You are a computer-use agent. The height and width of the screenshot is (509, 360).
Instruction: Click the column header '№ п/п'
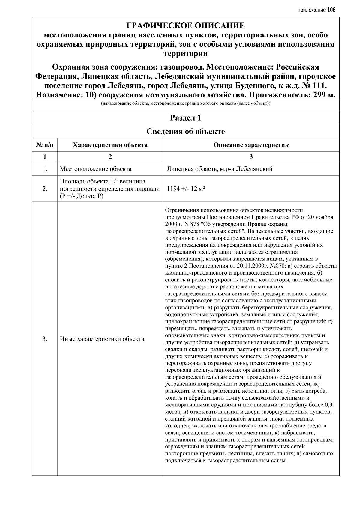[45, 145]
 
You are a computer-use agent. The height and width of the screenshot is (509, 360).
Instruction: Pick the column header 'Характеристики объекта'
[110, 145]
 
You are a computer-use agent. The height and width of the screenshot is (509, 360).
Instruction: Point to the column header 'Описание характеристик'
[251, 145]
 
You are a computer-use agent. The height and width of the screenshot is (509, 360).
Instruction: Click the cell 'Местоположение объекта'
[96, 169]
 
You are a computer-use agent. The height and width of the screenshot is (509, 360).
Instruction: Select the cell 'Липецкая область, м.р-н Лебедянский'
[219, 169]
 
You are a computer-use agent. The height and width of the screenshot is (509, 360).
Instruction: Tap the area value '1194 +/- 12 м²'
[186, 189]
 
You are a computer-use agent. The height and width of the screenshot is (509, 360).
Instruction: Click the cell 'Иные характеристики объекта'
[102, 339]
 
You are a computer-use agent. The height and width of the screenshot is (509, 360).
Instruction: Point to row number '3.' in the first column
[45, 339]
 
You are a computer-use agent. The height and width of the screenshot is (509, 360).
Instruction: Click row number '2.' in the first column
[45, 189]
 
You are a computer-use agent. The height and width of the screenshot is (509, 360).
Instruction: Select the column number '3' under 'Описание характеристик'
[251, 156]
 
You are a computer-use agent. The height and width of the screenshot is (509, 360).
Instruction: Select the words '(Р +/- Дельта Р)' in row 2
[82, 196]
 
